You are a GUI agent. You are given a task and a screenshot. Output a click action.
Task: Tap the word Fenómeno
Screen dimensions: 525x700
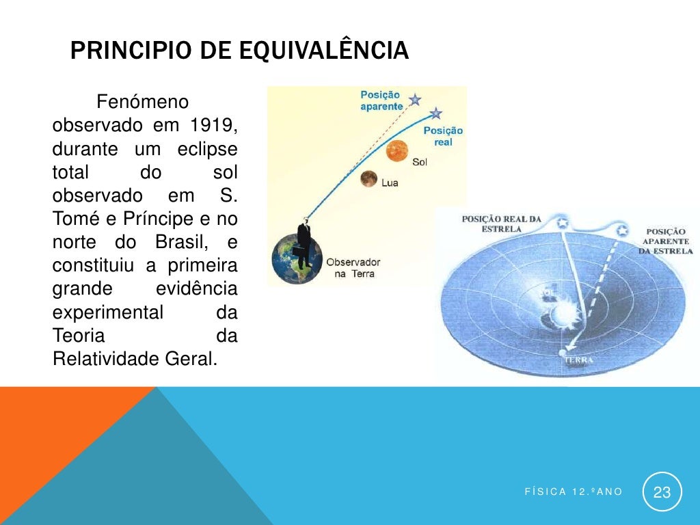142,103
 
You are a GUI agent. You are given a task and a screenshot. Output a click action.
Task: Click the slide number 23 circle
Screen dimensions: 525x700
662,492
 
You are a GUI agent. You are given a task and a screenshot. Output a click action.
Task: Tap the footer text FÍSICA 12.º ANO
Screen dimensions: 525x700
574,492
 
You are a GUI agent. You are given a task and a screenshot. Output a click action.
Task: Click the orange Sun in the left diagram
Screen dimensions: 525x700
396,151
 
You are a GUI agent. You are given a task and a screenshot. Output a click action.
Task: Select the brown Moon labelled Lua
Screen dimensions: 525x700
369,178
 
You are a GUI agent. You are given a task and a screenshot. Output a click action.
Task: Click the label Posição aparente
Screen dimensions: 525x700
381,101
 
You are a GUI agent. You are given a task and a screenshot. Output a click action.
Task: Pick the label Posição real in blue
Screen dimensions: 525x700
443,136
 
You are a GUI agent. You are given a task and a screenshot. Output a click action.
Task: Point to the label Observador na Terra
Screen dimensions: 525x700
353,267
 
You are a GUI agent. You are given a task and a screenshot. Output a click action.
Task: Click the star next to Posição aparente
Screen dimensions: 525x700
414,100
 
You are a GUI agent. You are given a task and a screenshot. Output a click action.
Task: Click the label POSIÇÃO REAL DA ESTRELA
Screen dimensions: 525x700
501,224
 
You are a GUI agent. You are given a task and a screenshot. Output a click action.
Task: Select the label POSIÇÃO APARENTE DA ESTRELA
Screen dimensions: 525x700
665,241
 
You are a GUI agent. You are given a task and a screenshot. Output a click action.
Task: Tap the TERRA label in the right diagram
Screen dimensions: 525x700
578,360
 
